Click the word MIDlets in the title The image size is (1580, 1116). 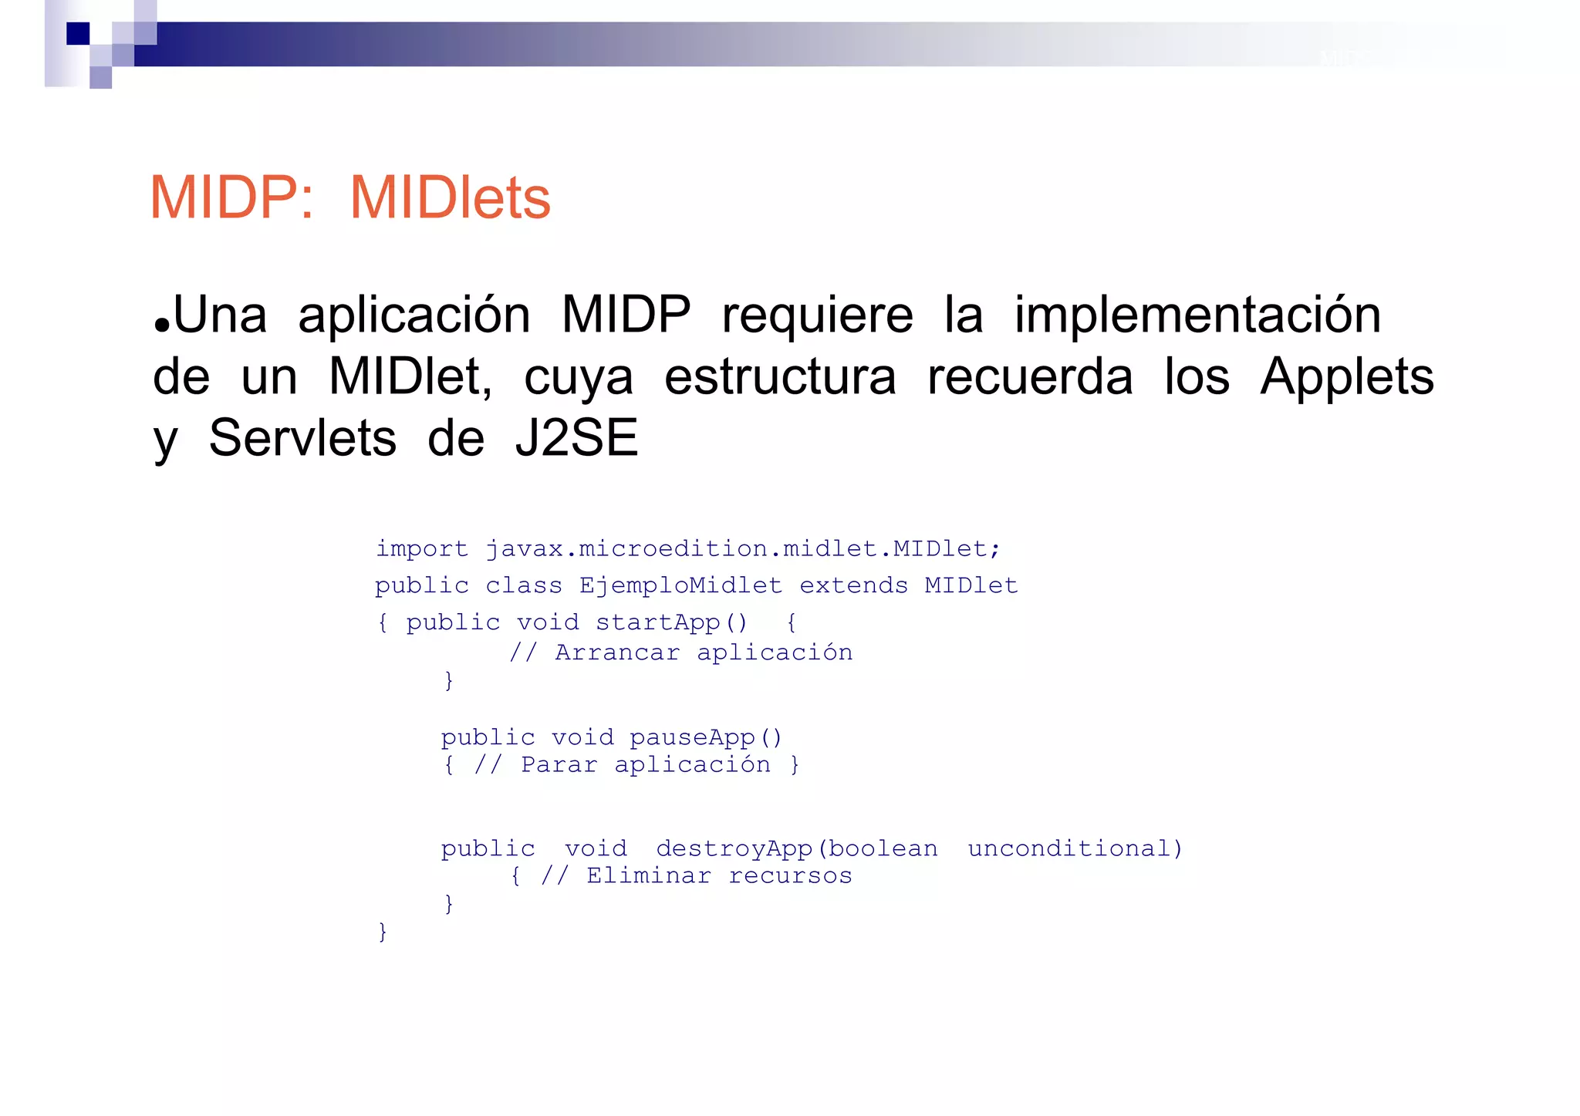450,198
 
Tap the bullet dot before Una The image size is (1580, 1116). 161,325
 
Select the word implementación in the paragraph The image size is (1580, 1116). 1197,315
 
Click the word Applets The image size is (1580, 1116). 1346,377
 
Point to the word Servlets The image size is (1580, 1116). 302,439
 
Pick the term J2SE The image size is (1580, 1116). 576,439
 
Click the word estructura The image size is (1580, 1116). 780,377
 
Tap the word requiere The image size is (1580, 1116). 817,315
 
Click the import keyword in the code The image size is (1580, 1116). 421,549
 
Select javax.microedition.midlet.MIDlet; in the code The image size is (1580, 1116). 742,549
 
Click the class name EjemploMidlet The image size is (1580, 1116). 680,586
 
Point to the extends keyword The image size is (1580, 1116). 853,586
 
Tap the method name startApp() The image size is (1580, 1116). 671,622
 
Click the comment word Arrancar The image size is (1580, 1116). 617,653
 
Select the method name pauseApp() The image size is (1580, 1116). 706,738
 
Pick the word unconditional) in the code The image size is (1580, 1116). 1075,849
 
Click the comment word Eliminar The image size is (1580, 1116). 648,876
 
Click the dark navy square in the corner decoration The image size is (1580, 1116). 78,33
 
